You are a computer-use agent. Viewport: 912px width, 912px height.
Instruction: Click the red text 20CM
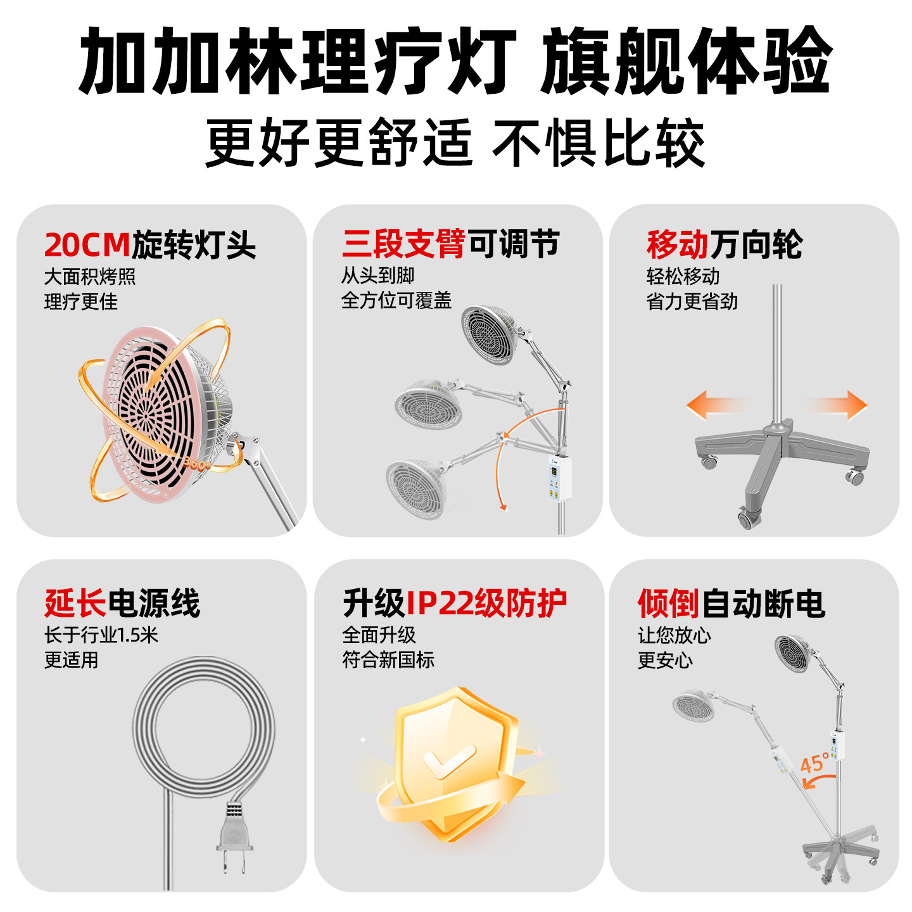pyautogui.click(x=87, y=244)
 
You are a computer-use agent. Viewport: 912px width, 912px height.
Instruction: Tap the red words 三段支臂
pyautogui.click(x=403, y=244)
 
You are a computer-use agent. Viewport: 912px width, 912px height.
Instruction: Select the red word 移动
pyautogui.click(x=677, y=244)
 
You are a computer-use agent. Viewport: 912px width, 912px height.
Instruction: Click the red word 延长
pyautogui.click(x=75, y=603)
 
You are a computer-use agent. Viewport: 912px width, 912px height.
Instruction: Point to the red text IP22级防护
pyautogui.click(x=486, y=603)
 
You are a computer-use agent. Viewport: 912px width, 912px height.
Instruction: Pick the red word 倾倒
pyautogui.click(x=668, y=604)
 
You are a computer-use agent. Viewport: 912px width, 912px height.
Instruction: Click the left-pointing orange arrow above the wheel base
pyautogui.click(x=714, y=405)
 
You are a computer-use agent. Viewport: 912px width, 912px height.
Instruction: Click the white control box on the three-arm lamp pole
pyautogui.click(x=559, y=478)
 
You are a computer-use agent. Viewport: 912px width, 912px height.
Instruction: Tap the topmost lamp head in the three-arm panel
pyautogui.click(x=490, y=334)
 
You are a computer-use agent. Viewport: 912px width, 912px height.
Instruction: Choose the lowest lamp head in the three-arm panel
pyautogui.click(x=416, y=489)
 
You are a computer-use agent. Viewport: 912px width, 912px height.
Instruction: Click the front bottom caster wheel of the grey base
pyautogui.click(x=749, y=519)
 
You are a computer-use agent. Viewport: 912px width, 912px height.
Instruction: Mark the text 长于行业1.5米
pyautogui.click(x=101, y=635)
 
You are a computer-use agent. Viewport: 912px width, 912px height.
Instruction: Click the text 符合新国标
pyautogui.click(x=388, y=660)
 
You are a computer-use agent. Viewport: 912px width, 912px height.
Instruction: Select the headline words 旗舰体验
pyautogui.click(x=687, y=61)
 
